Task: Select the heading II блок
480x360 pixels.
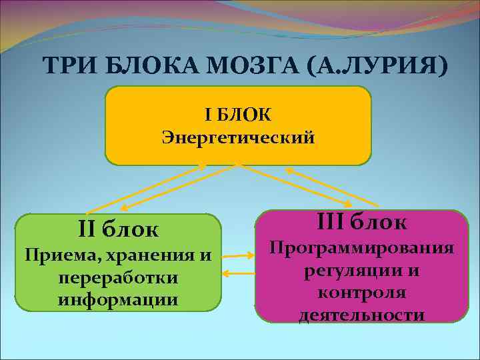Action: [118, 230]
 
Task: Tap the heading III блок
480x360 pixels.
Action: [361, 221]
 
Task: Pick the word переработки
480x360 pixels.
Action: [118, 277]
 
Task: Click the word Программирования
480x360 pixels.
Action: [361, 248]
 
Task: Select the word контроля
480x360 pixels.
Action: [361, 293]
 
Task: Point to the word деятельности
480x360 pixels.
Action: [361, 315]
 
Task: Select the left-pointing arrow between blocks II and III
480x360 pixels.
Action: [237, 273]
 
